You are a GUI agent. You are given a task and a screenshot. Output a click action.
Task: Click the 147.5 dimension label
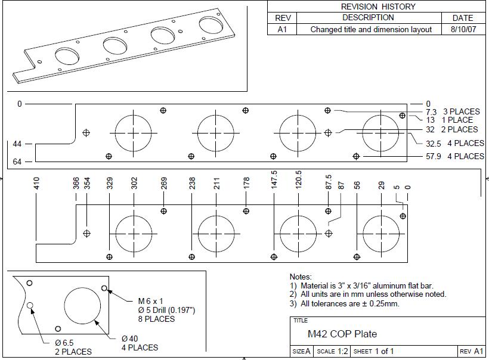point(274,179)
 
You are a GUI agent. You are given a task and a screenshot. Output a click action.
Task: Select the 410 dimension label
point(36,183)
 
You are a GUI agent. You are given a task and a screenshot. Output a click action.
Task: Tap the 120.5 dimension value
point(298,179)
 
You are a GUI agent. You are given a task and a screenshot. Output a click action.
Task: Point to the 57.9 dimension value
point(433,156)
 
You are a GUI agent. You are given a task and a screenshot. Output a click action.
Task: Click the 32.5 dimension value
point(433,144)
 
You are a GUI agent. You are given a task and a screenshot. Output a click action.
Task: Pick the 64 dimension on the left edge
point(17,162)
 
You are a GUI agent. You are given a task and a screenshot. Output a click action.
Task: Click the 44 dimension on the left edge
point(17,144)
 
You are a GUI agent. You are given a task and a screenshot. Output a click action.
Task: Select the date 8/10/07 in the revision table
point(463,29)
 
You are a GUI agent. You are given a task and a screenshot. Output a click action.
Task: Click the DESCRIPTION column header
point(368,17)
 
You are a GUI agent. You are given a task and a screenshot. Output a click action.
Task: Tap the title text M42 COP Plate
point(342,334)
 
